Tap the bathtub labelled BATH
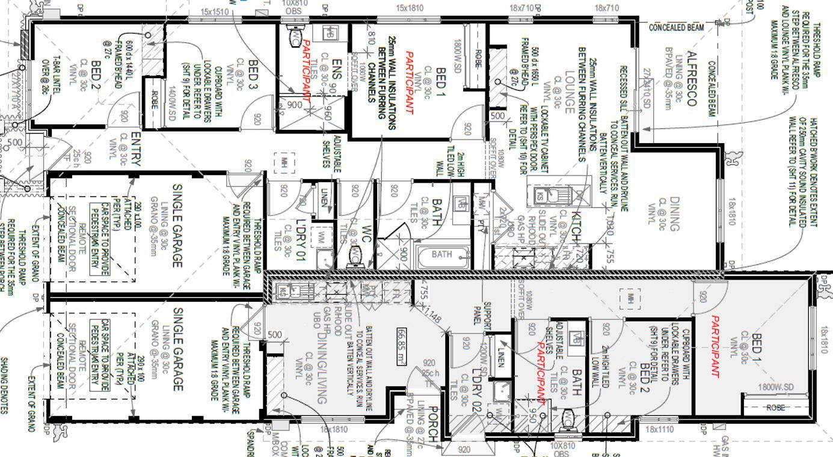(x=442, y=255)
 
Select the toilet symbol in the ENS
(x=296, y=37)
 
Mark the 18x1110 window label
(x=659, y=430)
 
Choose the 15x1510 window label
(x=215, y=11)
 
